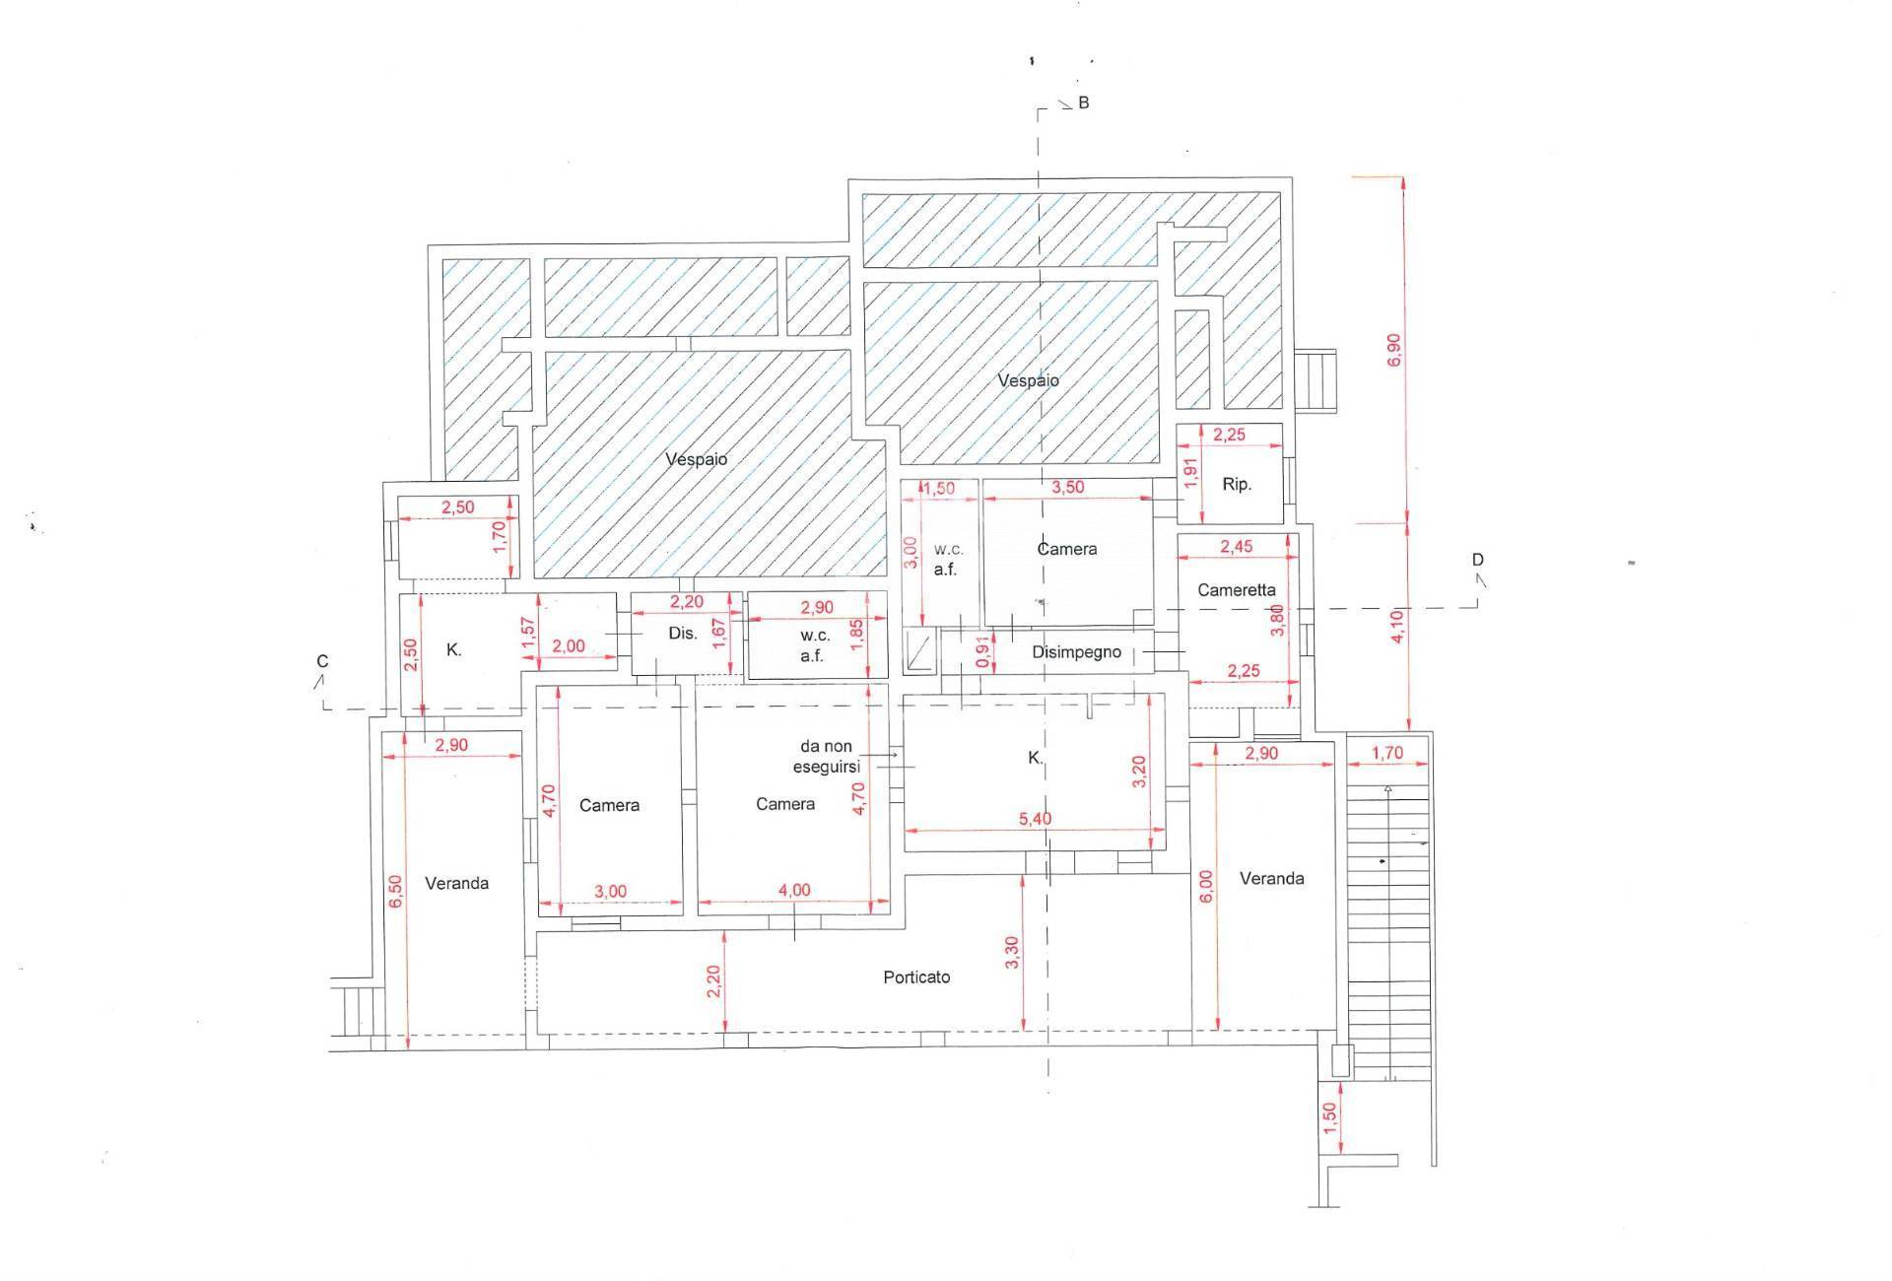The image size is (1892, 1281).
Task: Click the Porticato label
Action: tap(916, 977)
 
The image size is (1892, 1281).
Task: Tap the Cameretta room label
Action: tap(1237, 590)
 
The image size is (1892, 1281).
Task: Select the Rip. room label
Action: tap(1237, 485)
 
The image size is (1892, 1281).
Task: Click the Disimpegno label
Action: tap(1077, 652)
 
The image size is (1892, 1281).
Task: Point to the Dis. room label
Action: tap(683, 633)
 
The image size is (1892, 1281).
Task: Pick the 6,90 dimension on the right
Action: tap(1393, 351)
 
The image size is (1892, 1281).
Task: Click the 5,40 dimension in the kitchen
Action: tap(1034, 819)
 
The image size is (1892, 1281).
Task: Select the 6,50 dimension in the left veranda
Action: tap(395, 893)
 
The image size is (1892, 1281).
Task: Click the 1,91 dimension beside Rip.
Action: tap(1190, 473)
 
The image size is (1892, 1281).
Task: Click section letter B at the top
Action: tap(1084, 102)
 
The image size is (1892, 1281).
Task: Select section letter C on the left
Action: tap(322, 661)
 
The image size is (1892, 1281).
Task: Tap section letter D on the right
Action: tap(1478, 560)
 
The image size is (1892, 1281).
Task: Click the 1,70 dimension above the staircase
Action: tap(1386, 753)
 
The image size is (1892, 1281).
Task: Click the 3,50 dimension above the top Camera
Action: tap(1068, 487)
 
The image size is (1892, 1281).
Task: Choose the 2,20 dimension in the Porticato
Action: tap(714, 980)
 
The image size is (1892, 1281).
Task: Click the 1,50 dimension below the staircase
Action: tap(1329, 1118)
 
